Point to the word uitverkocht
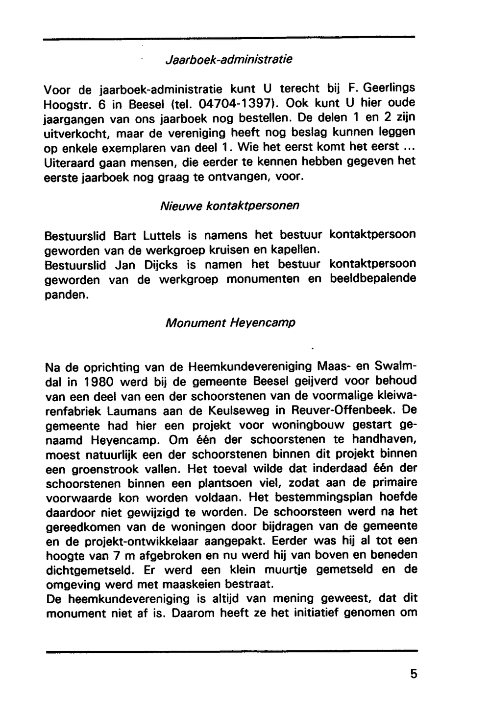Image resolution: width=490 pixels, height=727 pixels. click(x=74, y=133)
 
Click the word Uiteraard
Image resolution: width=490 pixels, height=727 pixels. click(x=66, y=162)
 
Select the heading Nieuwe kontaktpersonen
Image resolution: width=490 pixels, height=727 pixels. click(x=229, y=206)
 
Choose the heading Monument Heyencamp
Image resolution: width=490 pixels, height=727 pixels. click(x=230, y=323)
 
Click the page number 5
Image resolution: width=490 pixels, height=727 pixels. click(x=414, y=674)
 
